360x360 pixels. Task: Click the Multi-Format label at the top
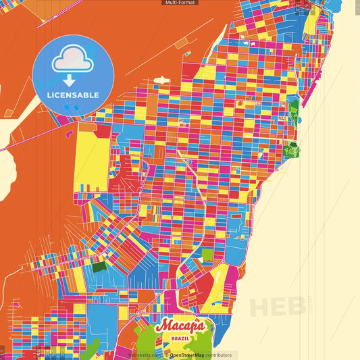coord(180,3)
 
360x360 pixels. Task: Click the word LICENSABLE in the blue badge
coord(72,95)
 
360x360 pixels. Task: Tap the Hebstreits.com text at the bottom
coord(145,355)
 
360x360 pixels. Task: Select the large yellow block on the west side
coord(91,159)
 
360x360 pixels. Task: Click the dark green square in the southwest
coord(99,267)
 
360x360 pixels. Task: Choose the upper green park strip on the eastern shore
coord(294,111)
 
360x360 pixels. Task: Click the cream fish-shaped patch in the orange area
coord(162,80)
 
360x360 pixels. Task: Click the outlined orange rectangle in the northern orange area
coord(182,43)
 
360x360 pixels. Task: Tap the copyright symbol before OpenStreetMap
coord(166,355)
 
